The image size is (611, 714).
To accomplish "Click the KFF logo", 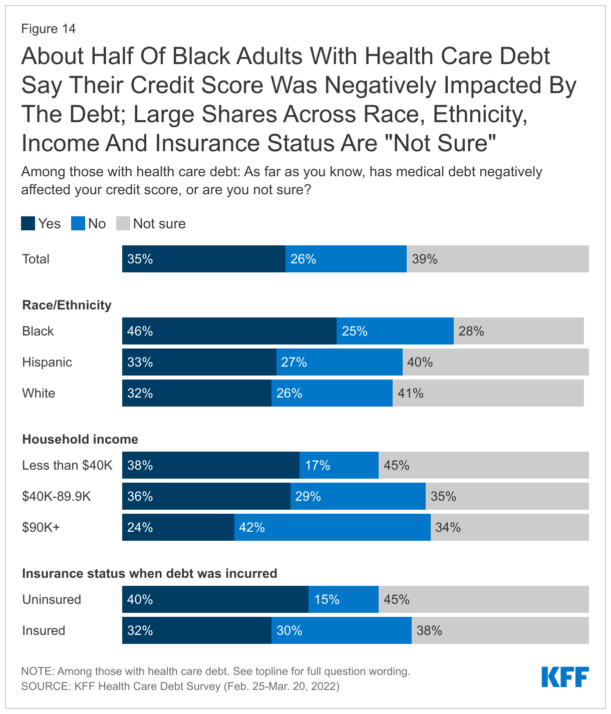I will pyautogui.click(x=565, y=677).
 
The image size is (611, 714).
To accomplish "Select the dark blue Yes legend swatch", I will pyautogui.click(x=28, y=223).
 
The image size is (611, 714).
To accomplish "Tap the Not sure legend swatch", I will pyautogui.click(x=123, y=223).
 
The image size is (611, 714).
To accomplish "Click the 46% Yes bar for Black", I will pyautogui.click(x=229, y=331).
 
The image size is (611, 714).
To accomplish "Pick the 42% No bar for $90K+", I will pyautogui.click(x=332, y=527).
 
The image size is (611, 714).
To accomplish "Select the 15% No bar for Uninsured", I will pyautogui.click(x=343, y=599).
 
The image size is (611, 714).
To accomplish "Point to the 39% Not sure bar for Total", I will pyautogui.click(x=497, y=259).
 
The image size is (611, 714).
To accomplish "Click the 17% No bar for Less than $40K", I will pyautogui.click(x=339, y=465).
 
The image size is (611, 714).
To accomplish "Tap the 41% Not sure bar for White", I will pyautogui.click(x=488, y=393).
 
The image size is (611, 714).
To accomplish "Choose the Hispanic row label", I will pyautogui.click(x=47, y=362).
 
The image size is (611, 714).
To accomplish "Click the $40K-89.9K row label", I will pyautogui.click(x=57, y=496).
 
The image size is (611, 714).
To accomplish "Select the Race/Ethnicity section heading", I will pyautogui.click(x=67, y=305).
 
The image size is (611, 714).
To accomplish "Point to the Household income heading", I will pyautogui.click(x=80, y=439).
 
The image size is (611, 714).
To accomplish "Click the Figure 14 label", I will pyautogui.click(x=48, y=29).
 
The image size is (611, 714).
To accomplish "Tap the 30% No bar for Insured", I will pyautogui.click(x=341, y=630).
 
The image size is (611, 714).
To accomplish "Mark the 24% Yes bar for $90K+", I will pyautogui.click(x=178, y=527).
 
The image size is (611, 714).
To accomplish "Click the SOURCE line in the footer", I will pyautogui.click(x=180, y=686).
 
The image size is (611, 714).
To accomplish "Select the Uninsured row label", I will pyautogui.click(x=52, y=599).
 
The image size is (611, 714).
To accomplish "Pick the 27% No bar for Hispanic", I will pyautogui.click(x=339, y=362).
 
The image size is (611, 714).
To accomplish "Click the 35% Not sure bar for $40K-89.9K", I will pyautogui.click(x=507, y=496).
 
